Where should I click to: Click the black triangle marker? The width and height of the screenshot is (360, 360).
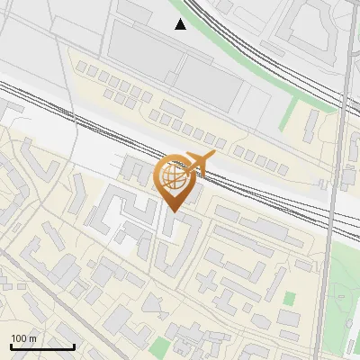[181, 24]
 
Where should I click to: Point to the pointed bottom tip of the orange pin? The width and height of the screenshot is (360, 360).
[173, 211]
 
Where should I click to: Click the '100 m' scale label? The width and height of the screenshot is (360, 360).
[24, 338]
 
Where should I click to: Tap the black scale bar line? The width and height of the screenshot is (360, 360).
[42, 346]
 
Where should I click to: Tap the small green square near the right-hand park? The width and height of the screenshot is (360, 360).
[290, 298]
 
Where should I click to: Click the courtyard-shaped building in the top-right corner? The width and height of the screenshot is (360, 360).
[310, 27]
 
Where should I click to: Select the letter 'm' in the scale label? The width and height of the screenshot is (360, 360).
[32, 338]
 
